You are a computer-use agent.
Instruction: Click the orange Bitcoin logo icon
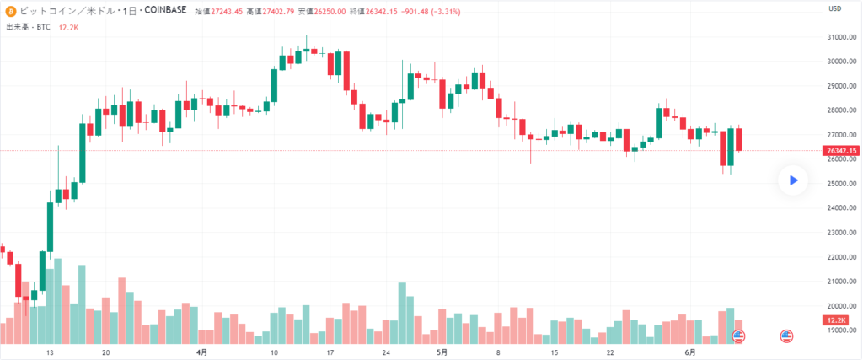pyautogui.click(x=10, y=11)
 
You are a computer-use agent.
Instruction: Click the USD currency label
pyautogui.click(x=835, y=9)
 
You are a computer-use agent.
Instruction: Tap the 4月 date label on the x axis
pyautogui.click(x=201, y=352)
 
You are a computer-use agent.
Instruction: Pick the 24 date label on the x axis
pyautogui.click(x=386, y=352)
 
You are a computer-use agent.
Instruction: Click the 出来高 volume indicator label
pyautogui.click(x=19, y=27)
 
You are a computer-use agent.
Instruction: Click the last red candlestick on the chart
pyautogui.click(x=738, y=139)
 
